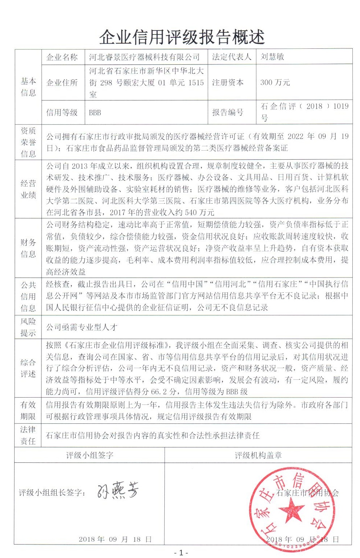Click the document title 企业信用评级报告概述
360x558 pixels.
click(x=182, y=37)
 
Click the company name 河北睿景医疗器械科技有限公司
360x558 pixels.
click(x=144, y=57)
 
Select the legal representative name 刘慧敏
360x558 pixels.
click(x=272, y=57)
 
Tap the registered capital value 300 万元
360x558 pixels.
click(x=275, y=83)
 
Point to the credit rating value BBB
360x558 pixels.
click(x=95, y=113)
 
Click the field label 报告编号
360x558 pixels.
click(x=228, y=112)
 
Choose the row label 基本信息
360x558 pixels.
click(x=28, y=87)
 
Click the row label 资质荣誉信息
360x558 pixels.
click(x=28, y=142)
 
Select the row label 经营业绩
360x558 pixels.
click(x=28, y=189)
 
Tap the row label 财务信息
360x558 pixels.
click(x=28, y=248)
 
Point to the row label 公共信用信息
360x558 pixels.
click(x=28, y=296)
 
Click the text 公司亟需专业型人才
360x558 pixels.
click(x=81, y=327)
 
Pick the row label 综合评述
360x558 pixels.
click(x=28, y=368)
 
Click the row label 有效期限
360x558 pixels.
click(x=28, y=411)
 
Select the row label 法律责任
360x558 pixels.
click(x=28, y=435)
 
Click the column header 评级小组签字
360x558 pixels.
click(x=89, y=455)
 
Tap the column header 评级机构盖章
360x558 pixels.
click(x=258, y=455)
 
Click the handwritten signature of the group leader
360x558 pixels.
click(x=117, y=491)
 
